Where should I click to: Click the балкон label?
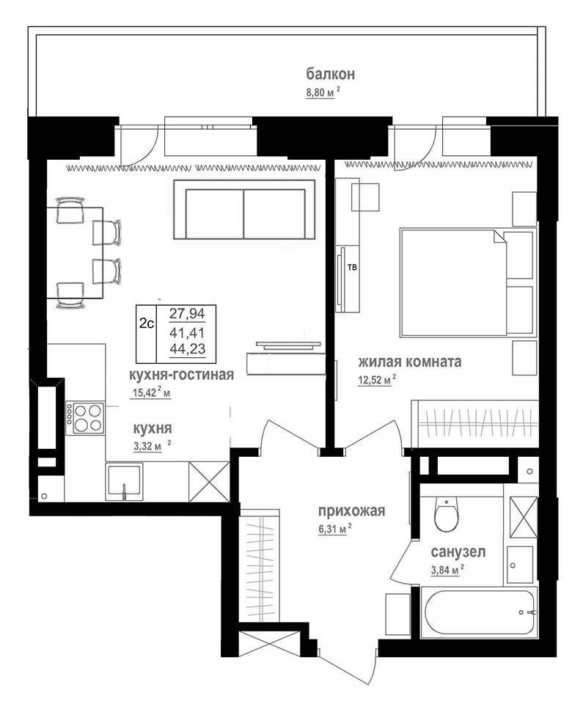coord(331,73)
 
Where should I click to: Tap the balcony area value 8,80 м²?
coord(323,92)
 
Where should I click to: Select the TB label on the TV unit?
coord(352,268)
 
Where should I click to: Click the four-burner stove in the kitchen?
coord(85,418)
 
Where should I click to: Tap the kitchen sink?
coord(124,482)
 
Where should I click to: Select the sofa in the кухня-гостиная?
coord(244,210)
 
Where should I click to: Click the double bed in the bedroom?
coord(468,282)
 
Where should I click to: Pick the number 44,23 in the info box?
coord(187,348)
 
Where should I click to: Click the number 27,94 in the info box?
coord(187,313)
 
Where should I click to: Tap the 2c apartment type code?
coord(147,323)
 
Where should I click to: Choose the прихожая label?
coord(352,510)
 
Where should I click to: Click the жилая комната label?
coord(410,361)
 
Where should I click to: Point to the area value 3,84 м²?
coord(447,570)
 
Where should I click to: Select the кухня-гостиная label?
coord(181,374)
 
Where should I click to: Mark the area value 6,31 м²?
coord(334,529)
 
